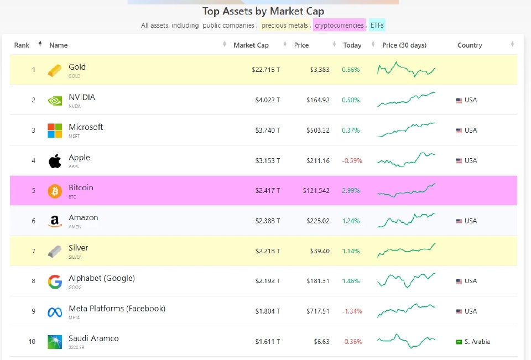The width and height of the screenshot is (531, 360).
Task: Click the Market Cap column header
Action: tap(251, 45)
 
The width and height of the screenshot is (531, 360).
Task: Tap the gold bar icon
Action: tap(55, 70)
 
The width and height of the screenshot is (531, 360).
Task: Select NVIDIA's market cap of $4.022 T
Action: tap(267, 100)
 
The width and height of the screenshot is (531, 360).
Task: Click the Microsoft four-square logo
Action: tap(55, 131)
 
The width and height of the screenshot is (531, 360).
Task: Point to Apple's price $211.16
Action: tap(317, 160)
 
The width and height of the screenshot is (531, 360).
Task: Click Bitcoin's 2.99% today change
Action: tap(351, 191)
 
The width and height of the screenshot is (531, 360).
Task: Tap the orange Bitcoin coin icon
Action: tap(55, 191)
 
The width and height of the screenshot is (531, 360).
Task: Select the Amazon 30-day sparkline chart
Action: tap(406, 221)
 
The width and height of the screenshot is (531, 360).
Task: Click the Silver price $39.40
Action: tap(318, 251)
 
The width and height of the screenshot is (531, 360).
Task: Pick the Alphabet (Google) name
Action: tap(102, 278)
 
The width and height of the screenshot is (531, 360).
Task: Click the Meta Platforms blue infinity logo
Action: tap(55, 312)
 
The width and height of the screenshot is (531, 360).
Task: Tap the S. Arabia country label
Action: tap(477, 342)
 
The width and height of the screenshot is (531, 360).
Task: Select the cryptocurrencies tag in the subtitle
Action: tap(339, 25)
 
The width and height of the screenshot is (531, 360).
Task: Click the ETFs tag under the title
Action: tap(377, 25)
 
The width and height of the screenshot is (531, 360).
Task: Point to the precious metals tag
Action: tap(284, 25)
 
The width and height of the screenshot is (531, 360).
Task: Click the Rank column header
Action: tap(22, 45)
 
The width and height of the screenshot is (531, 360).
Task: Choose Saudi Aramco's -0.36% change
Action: tap(352, 342)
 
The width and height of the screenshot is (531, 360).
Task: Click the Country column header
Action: tap(470, 45)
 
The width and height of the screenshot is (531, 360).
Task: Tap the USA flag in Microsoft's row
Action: tap(459, 131)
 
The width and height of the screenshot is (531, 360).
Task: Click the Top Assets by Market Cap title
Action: tap(263, 11)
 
